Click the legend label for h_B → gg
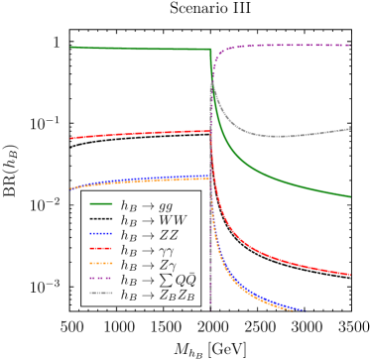146,205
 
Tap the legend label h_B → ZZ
149,235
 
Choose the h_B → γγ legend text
146,250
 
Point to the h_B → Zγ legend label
148,265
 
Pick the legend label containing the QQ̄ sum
158,280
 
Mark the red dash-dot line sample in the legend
100,250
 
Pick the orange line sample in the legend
100,265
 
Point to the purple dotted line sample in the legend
100,280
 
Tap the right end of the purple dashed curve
350,45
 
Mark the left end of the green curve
70,47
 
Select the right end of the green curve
350,196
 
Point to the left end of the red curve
70,139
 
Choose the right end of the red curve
350,274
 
